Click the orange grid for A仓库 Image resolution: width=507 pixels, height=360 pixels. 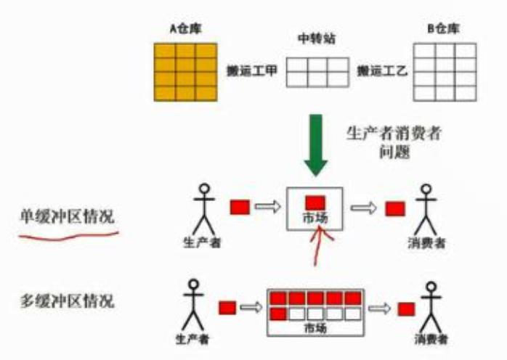pyautogui.click(x=185, y=71)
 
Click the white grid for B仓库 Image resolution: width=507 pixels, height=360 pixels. pyautogui.click(x=445, y=71)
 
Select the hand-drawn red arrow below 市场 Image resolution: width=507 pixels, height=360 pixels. pyautogui.click(x=319, y=247)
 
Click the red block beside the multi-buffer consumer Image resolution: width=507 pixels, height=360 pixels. pyautogui.click(x=405, y=309)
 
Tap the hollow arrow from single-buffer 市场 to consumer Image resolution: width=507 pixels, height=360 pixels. pyautogui.click(x=362, y=208)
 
